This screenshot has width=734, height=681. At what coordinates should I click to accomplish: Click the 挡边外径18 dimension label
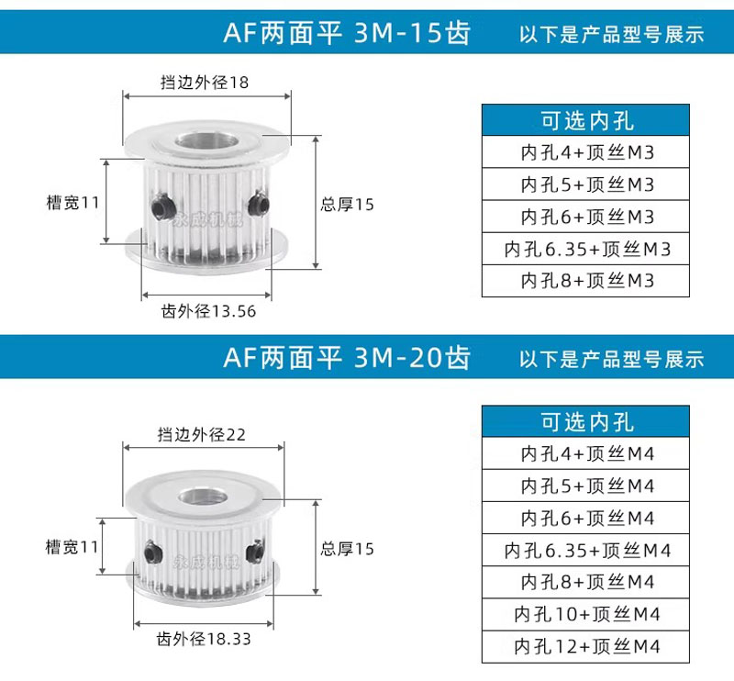click(x=205, y=83)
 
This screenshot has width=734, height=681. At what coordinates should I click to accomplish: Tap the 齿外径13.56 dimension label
click(x=208, y=311)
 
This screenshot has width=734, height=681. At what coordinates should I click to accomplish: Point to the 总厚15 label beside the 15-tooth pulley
click(x=348, y=204)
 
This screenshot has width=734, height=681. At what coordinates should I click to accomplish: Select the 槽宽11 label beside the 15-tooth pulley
click(x=73, y=203)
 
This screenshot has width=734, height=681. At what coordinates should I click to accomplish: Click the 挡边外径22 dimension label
click(x=201, y=435)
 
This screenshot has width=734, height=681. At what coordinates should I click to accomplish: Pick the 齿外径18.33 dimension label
click(x=204, y=639)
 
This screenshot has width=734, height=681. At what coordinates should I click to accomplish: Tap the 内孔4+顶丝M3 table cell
click(x=585, y=152)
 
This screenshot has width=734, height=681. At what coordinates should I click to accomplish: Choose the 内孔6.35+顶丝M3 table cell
click(x=585, y=249)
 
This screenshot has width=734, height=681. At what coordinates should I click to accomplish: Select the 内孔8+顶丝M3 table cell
click(x=585, y=281)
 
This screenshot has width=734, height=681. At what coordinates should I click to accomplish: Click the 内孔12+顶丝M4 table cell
click(x=585, y=647)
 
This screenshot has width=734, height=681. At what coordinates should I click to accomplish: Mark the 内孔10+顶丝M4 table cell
click(x=585, y=615)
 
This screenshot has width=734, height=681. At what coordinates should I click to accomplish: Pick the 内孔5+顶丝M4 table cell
click(x=585, y=486)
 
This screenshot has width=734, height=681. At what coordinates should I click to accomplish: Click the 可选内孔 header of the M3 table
click(x=585, y=120)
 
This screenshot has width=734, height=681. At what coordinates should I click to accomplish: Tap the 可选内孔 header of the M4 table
click(x=585, y=421)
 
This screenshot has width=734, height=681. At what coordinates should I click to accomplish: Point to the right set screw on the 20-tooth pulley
click(x=256, y=552)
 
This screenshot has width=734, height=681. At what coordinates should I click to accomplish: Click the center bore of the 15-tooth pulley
click(x=205, y=141)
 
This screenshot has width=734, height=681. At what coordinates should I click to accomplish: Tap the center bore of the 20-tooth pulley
click(x=203, y=496)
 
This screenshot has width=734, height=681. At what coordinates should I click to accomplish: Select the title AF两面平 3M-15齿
click(x=347, y=33)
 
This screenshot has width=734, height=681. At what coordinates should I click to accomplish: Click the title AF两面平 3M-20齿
click(x=347, y=358)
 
